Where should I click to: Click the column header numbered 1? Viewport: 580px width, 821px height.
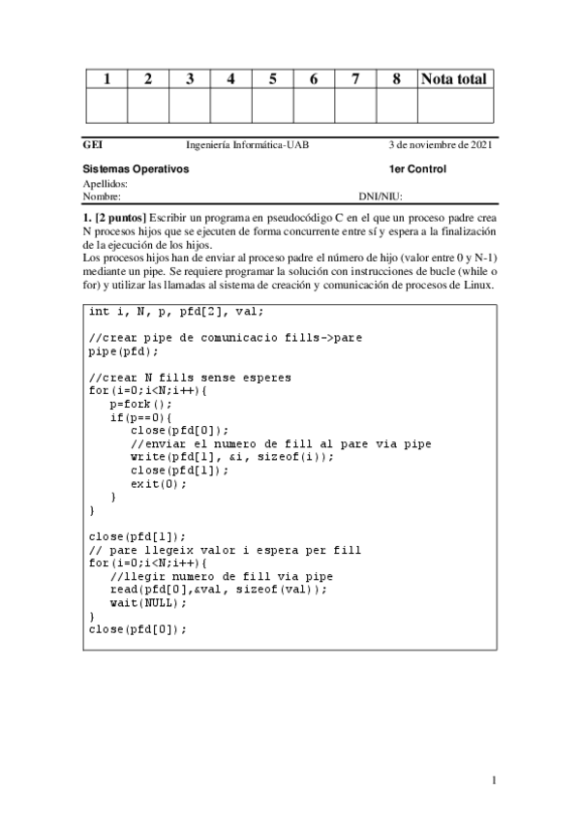click(x=107, y=78)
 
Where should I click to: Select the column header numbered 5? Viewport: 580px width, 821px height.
click(x=273, y=78)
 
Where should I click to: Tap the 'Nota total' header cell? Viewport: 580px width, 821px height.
click(x=454, y=78)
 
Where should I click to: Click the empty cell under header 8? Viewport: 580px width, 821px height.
click(x=397, y=106)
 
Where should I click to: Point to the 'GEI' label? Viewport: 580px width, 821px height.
click(x=93, y=145)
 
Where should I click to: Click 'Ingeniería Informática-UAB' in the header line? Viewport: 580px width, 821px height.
click(x=248, y=145)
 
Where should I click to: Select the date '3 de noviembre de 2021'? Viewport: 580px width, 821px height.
click(x=441, y=145)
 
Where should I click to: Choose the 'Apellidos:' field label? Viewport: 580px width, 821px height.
click(x=105, y=182)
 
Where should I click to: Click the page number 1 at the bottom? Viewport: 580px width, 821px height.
click(x=494, y=780)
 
